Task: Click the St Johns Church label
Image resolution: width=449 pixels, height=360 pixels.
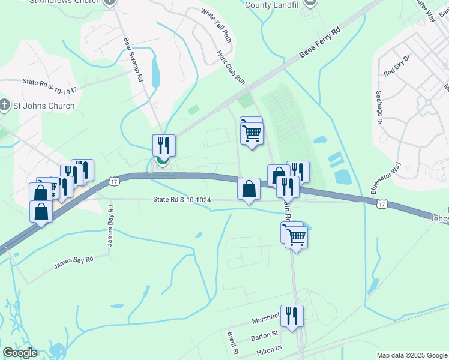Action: click(x=44, y=106)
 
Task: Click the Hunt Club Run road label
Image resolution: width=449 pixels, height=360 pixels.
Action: click(x=232, y=66)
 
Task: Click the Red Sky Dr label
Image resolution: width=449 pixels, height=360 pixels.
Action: click(x=397, y=66)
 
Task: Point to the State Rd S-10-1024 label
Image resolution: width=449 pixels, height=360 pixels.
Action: click(x=182, y=200)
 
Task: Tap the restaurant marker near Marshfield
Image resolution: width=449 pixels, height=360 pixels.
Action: click(x=292, y=316)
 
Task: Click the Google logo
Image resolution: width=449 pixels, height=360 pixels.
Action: click(x=20, y=353)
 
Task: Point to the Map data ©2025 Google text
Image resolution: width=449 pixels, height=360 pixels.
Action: click(x=411, y=355)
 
